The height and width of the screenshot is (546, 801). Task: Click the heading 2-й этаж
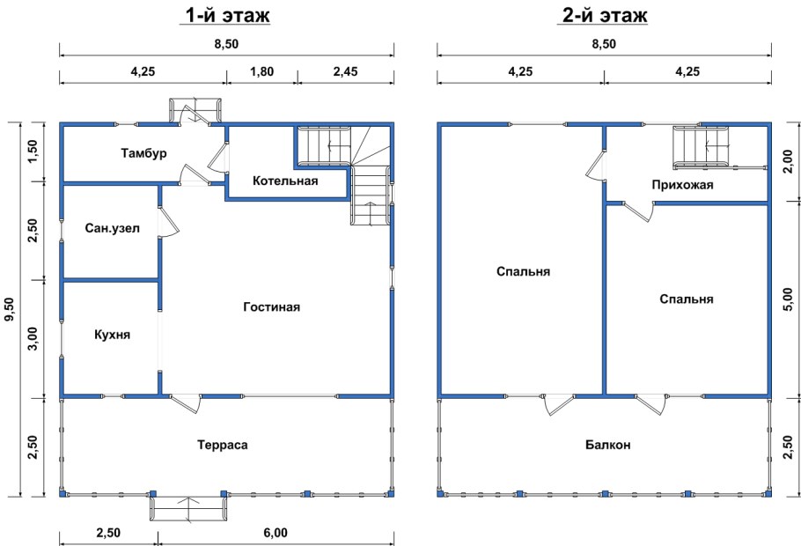click(605, 15)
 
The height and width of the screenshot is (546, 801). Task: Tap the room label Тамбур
click(143, 153)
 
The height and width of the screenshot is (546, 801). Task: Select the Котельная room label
click(285, 181)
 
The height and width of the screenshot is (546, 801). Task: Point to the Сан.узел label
click(112, 228)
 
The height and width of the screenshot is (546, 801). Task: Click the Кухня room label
click(113, 335)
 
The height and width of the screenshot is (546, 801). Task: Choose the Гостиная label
click(271, 306)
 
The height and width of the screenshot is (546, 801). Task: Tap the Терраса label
click(222, 445)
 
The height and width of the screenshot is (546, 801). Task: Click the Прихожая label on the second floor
click(682, 185)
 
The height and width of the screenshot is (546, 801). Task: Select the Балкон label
click(608, 445)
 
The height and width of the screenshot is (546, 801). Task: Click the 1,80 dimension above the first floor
click(262, 71)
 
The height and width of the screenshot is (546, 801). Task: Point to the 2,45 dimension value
click(346, 71)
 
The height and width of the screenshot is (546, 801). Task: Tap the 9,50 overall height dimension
click(9, 310)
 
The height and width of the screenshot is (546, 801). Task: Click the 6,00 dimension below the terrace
click(276, 533)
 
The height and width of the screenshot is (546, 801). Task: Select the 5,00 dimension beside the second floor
click(790, 299)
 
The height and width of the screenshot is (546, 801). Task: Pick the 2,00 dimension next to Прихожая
click(790, 161)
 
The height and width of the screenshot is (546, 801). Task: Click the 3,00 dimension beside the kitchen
click(33, 338)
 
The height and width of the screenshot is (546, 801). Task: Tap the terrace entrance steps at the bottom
click(188, 507)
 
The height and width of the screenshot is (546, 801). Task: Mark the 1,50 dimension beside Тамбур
click(33, 151)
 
